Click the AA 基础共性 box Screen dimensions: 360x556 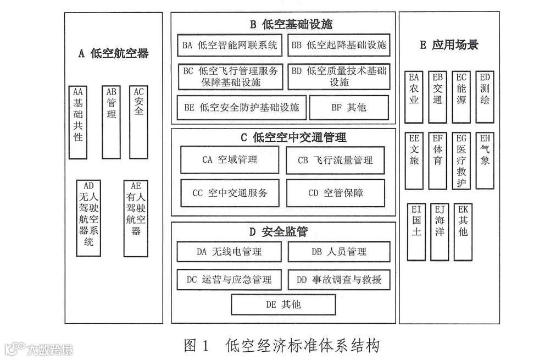point(78,122)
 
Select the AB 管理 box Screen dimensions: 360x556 point(112,122)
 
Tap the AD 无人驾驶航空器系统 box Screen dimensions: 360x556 point(88,218)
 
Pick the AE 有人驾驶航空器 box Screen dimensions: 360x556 point(136,218)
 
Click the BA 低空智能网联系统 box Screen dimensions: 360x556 point(230,45)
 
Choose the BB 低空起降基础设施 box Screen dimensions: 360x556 point(338,45)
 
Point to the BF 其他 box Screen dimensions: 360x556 point(349,108)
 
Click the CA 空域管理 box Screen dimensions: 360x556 point(230,160)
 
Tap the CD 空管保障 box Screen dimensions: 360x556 point(335,193)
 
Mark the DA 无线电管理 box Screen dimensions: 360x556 point(229,252)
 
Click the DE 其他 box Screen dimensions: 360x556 point(283,304)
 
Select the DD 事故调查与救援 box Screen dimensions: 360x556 point(338,279)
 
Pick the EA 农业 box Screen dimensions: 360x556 point(413,97)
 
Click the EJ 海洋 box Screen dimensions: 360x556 point(440,231)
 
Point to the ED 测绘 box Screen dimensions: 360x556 point(485,97)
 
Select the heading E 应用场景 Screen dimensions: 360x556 point(449,45)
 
